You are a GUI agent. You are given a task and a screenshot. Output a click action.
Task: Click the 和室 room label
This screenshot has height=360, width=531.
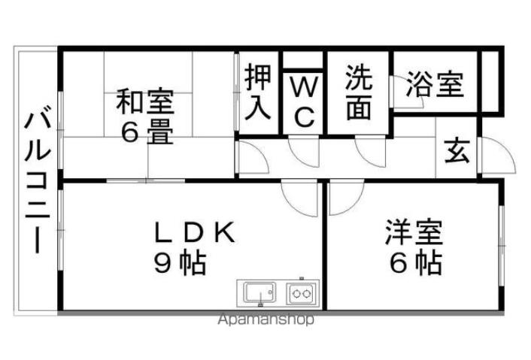coord(144,102)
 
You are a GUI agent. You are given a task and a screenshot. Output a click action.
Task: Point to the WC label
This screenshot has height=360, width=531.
coord(304,101)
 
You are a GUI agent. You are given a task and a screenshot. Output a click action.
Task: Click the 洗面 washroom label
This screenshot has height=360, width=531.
coord(359,93)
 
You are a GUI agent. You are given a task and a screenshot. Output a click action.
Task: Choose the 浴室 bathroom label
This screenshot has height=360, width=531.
coord(434,85)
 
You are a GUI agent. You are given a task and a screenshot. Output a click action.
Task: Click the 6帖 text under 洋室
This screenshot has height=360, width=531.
coord(414,262)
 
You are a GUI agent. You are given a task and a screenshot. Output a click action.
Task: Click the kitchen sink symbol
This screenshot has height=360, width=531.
coord(257,292)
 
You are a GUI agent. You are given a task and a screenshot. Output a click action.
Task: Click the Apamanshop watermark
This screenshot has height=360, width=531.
coord(266,320)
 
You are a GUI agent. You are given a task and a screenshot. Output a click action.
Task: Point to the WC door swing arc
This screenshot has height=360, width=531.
coord(303,153)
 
